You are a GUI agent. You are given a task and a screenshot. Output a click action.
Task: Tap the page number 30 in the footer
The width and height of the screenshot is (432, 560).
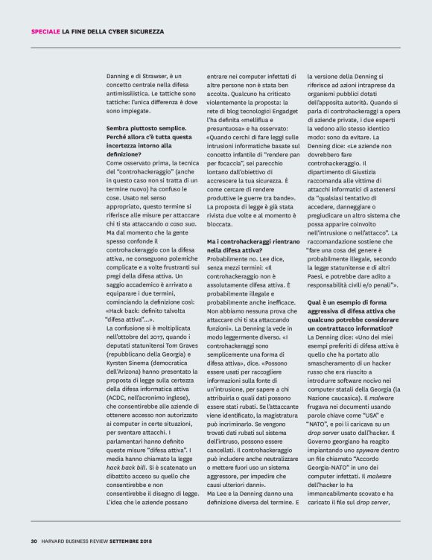tap(34, 541)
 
